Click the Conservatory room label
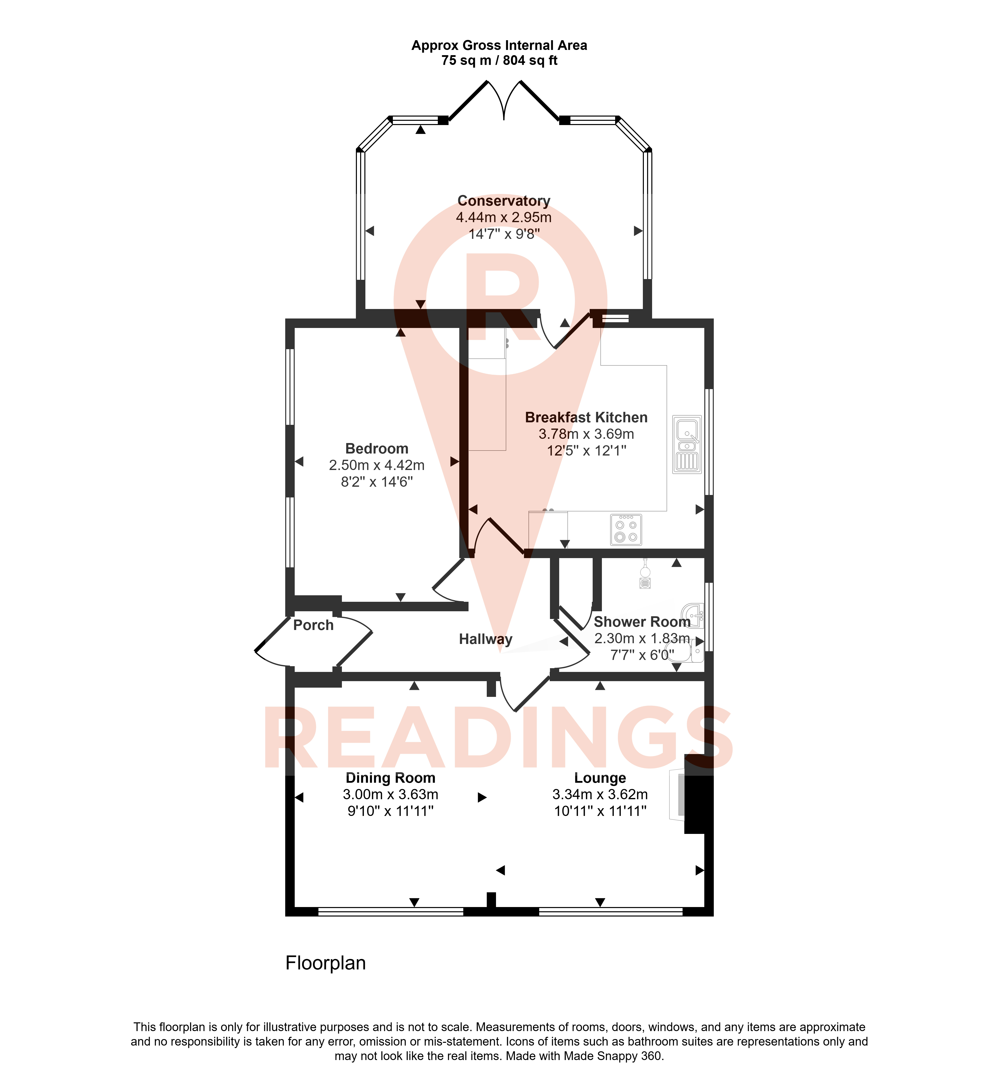(x=504, y=201)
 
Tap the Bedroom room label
(x=377, y=449)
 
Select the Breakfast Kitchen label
(x=586, y=418)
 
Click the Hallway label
(x=486, y=639)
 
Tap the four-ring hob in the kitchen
(x=626, y=530)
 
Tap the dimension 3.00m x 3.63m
(x=390, y=795)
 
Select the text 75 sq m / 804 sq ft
(x=499, y=60)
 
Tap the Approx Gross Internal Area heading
(x=499, y=45)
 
